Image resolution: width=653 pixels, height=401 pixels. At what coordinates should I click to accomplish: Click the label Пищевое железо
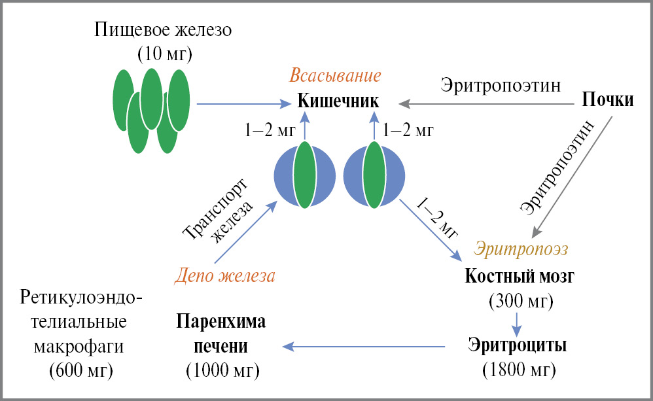[x=163, y=30]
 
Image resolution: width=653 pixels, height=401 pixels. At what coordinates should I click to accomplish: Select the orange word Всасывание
[x=336, y=75]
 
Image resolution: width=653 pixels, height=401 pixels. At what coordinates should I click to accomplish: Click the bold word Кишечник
[x=338, y=102]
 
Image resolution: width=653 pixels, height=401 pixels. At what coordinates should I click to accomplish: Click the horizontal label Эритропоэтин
[x=501, y=85]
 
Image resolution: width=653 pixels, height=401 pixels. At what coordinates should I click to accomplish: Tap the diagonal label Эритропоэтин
[x=561, y=166]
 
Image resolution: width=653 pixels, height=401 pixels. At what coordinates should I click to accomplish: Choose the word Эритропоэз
[x=521, y=249]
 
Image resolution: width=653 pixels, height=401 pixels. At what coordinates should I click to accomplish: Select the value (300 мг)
[x=521, y=302]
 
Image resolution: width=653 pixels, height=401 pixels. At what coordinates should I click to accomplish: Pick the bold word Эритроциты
[x=518, y=345]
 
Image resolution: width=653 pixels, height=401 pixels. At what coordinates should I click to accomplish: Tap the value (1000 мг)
[x=222, y=370]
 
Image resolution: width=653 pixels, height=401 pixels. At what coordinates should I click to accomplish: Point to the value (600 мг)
[x=81, y=370]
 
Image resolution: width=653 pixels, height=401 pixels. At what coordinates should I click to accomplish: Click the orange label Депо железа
[x=224, y=275]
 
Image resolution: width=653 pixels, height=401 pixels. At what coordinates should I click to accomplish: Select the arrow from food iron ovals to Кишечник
[x=243, y=103]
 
